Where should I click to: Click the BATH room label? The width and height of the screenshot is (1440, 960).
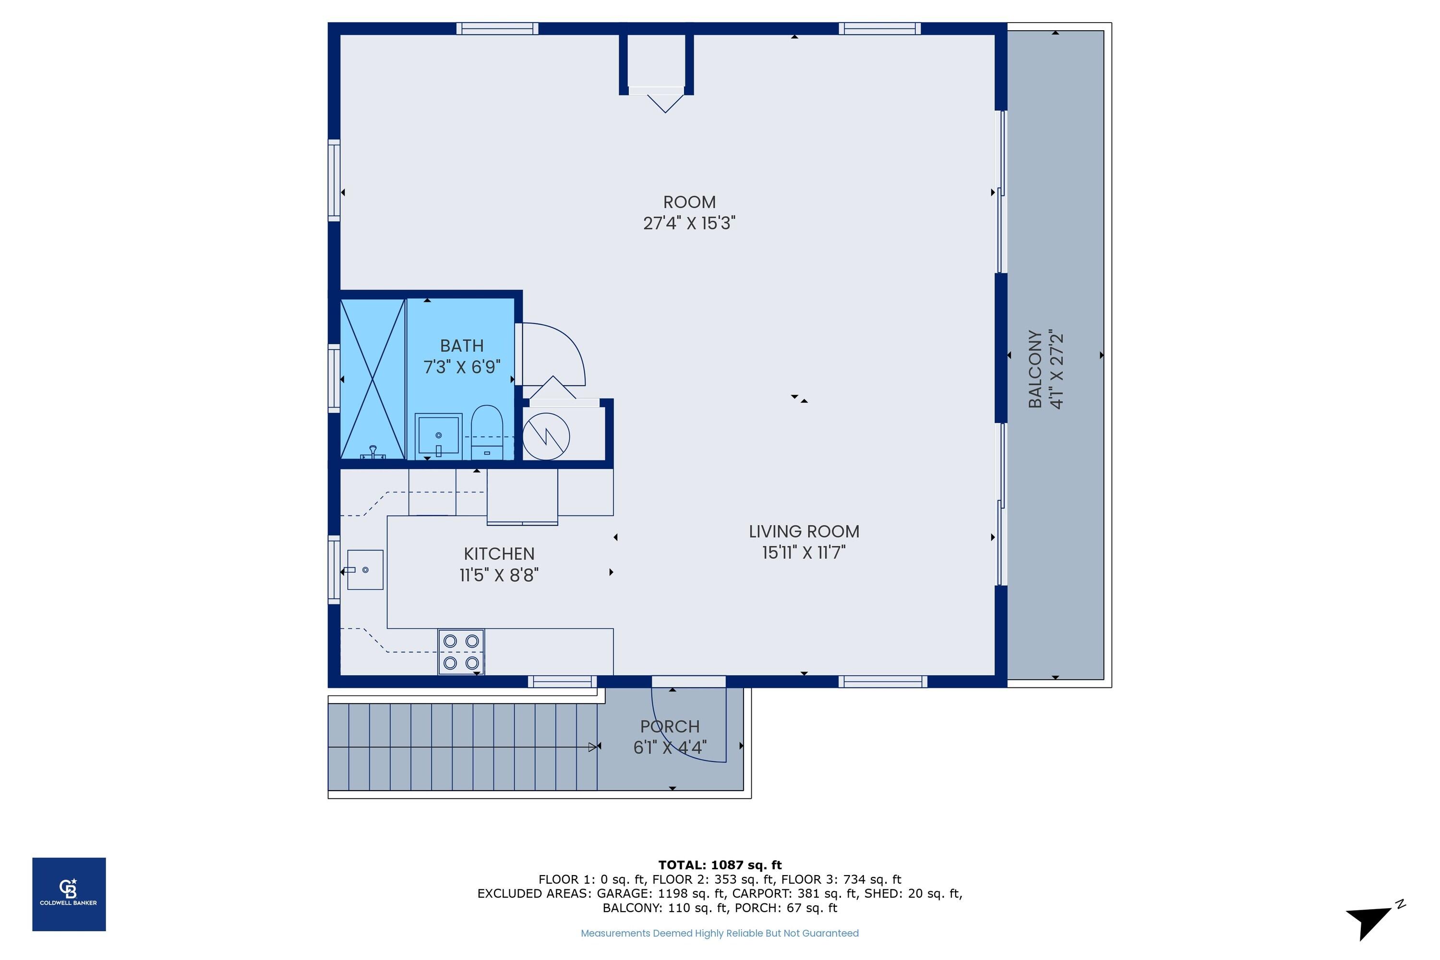(462, 346)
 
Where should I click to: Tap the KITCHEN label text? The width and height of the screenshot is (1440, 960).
(499, 554)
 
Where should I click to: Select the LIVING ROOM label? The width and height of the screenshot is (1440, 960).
(804, 531)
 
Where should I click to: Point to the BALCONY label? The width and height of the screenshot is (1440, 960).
(1035, 369)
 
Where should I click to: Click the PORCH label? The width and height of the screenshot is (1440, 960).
(670, 727)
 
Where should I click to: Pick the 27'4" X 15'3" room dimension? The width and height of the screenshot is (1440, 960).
(689, 223)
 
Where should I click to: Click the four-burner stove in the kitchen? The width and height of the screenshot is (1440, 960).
(461, 652)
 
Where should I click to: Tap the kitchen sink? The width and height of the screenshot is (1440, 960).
(365, 570)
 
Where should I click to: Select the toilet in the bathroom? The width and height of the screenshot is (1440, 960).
(487, 432)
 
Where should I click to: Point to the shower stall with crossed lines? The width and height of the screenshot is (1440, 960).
(373, 379)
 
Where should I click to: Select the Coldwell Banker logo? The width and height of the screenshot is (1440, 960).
(69, 895)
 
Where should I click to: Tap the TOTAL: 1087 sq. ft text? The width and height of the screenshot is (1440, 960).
(720, 865)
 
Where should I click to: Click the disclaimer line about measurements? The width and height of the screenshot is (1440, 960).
(720, 933)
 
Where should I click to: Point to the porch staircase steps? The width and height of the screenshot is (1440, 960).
(462, 747)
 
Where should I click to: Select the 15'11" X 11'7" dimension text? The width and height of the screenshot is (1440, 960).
(804, 553)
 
